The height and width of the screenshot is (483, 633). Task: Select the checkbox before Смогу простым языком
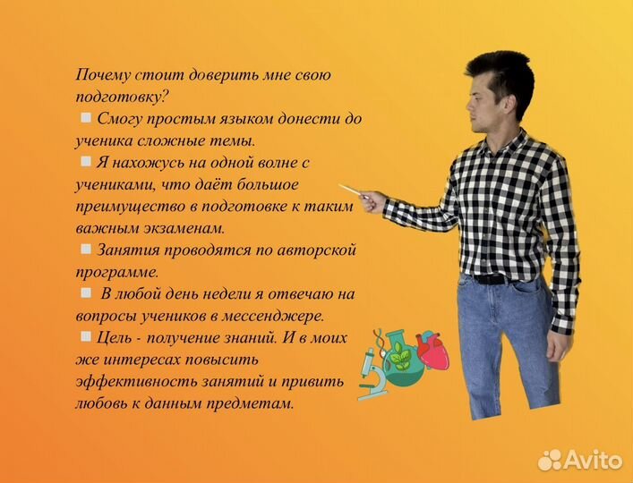point(85,117)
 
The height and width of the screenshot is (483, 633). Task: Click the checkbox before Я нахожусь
point(85,161)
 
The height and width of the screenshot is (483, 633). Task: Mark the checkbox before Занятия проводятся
point(85,248)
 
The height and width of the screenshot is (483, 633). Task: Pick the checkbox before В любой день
point(85,292)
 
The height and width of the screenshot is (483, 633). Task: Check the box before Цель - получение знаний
point(85,336)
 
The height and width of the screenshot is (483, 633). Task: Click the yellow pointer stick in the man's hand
point(352,191)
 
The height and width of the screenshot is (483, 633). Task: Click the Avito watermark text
point(596,460)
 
